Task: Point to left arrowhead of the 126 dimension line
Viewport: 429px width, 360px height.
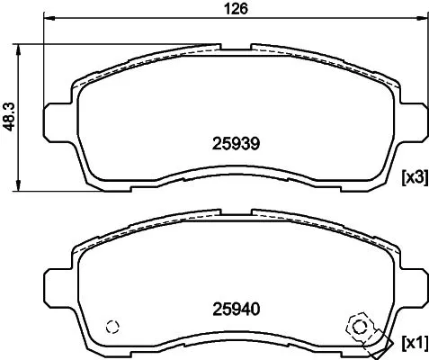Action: [x=49, y=20]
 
